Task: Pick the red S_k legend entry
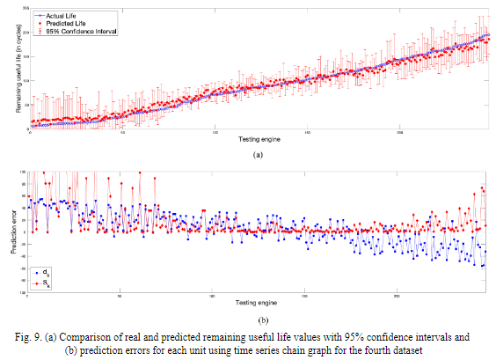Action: point(44,283)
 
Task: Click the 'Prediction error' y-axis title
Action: point(16,231)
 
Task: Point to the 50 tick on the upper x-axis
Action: point(122,134)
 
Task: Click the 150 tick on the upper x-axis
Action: point(307,134)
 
